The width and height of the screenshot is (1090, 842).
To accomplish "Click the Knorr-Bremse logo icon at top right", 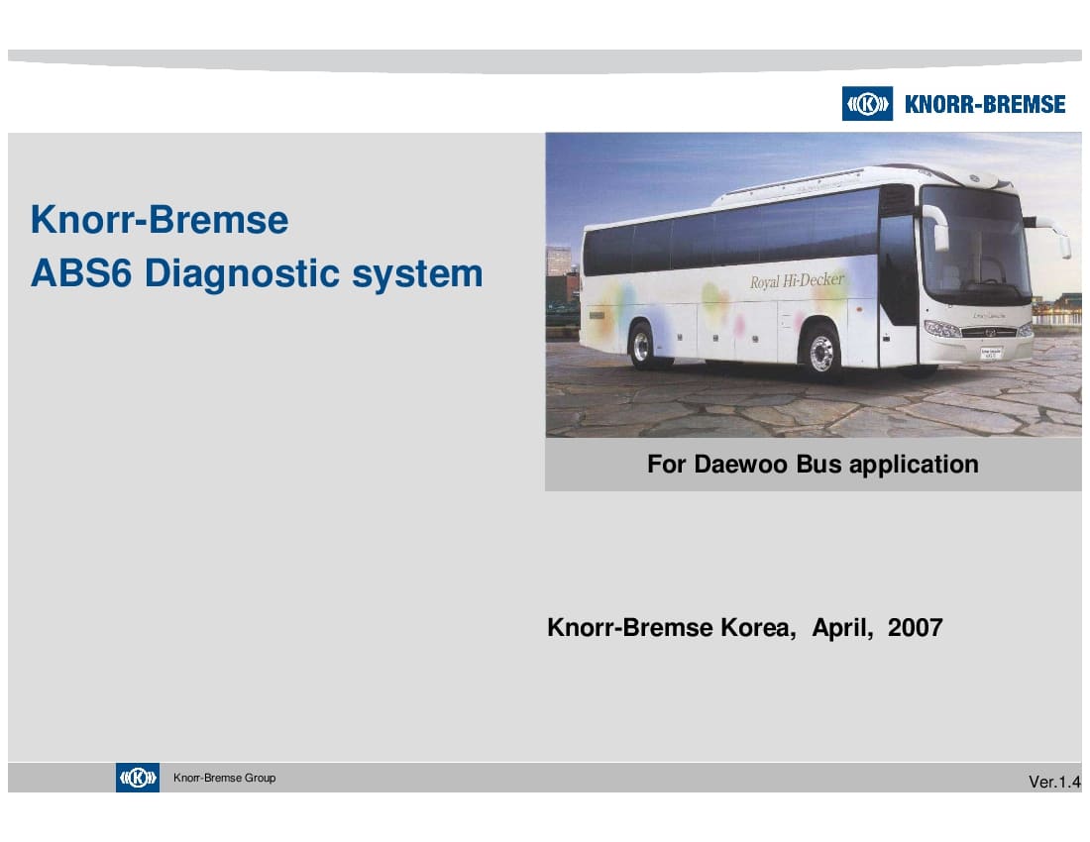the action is pos(867,103).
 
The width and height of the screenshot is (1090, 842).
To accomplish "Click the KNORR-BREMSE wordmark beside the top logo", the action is pos(985,104).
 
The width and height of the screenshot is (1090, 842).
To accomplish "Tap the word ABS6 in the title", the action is pos(81,273).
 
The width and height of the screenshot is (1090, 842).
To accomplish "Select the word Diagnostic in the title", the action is pos(242,273).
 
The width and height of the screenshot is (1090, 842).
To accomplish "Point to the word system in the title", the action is pos(417,274).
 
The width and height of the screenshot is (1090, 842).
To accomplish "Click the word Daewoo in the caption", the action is pos(741,464).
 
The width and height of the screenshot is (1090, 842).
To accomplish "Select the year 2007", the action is pos(916,628).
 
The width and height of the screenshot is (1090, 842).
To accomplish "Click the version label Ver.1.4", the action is pos(1054,783).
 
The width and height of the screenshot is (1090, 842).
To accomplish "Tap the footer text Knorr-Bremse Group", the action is pos(225,778).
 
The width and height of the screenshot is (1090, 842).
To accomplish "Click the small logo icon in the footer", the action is pos(138,778).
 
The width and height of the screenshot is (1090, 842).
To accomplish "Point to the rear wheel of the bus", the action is pos(642,346).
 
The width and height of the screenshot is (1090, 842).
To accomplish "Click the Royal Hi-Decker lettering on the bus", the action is pos(798,280).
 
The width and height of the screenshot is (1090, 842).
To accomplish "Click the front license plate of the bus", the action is pos(991,353).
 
